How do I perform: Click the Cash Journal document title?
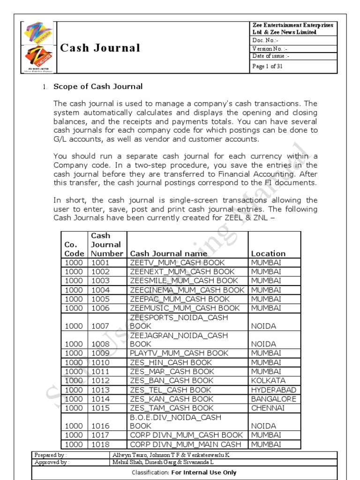(x=100, y=48)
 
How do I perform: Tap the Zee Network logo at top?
(x=39, y=34)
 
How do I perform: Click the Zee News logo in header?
(x=39, y=58)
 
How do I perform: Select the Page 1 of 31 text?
(x=268, y=66)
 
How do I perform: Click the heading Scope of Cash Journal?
(x=98, y=86)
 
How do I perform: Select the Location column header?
(x=268, y=253)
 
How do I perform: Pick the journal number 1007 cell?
(x=100, y=326)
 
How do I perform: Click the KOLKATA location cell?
(x=268, y=381)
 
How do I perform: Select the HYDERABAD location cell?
(x=274, y=390)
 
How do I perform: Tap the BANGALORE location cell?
(x=274, y=399)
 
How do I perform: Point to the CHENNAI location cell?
(x=268, y=408)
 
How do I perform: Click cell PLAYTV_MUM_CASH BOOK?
(x=179, y=353)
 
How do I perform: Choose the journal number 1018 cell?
(x=100, y=444)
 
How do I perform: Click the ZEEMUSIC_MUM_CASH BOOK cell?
(x=185, y=308)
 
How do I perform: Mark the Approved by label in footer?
(x=52, y=462)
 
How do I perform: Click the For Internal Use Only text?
(x=204, y=472)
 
